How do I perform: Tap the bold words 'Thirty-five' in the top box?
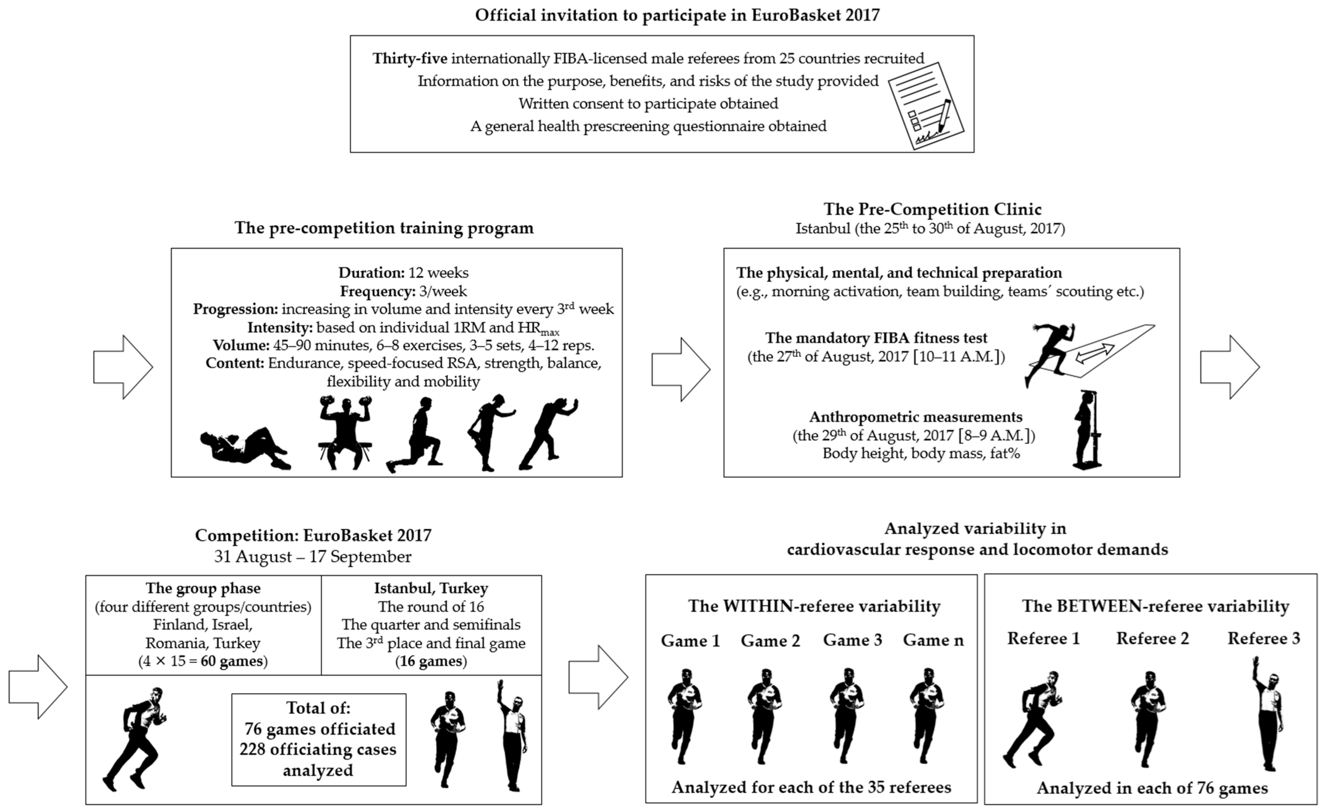pos(409,58)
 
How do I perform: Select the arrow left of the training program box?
pos(123,368)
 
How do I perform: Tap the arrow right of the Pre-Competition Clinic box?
pos(1230,368)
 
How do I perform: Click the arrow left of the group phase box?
pos(38,687)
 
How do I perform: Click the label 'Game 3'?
pos(852,640)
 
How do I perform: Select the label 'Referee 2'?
pos(1152,639)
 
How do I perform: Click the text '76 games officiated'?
pos(320,729)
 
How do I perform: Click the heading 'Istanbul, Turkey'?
pos(431,588)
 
